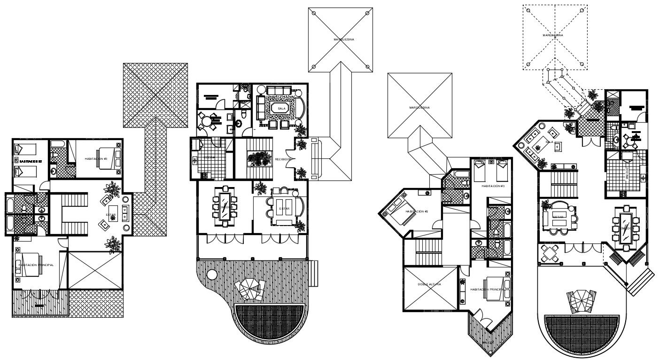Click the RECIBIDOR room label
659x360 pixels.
pyautogui.click(x=283, y=159)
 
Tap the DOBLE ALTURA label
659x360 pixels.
pyautogui.click(x=430, y=284)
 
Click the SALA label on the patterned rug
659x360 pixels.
pyautogui.click(x=282, y=108)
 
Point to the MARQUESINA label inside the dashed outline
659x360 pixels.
pyautogui.click(x=553, y=35)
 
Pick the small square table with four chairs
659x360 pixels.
pyautogui.click(x=547, y=254)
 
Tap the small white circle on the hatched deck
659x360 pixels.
pyautogui.click(x=212, y=274)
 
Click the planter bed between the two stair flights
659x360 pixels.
pyautogui.click(x=260, y=158)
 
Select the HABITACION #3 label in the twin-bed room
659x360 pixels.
pyautogui.click(x=493, y=186)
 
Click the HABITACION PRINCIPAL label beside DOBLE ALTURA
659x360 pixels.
pyautogui.click(x=487, y=290)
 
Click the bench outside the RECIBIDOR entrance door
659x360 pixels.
pyautogui.click(x=314, y=160)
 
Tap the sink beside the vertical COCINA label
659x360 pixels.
pyautogui.click(x=643, y=177)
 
